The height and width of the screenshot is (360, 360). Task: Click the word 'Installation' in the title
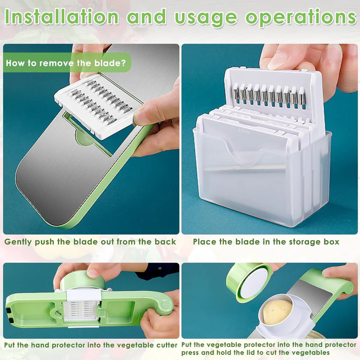click(62, 17)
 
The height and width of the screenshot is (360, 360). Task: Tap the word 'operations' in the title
click(300, 17)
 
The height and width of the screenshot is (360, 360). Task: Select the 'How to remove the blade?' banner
click(66, 62)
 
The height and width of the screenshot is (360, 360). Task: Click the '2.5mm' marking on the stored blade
click(243, 131)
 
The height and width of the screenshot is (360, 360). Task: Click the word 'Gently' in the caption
click(18, 242)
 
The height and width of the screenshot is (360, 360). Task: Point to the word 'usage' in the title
click(205, 17)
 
